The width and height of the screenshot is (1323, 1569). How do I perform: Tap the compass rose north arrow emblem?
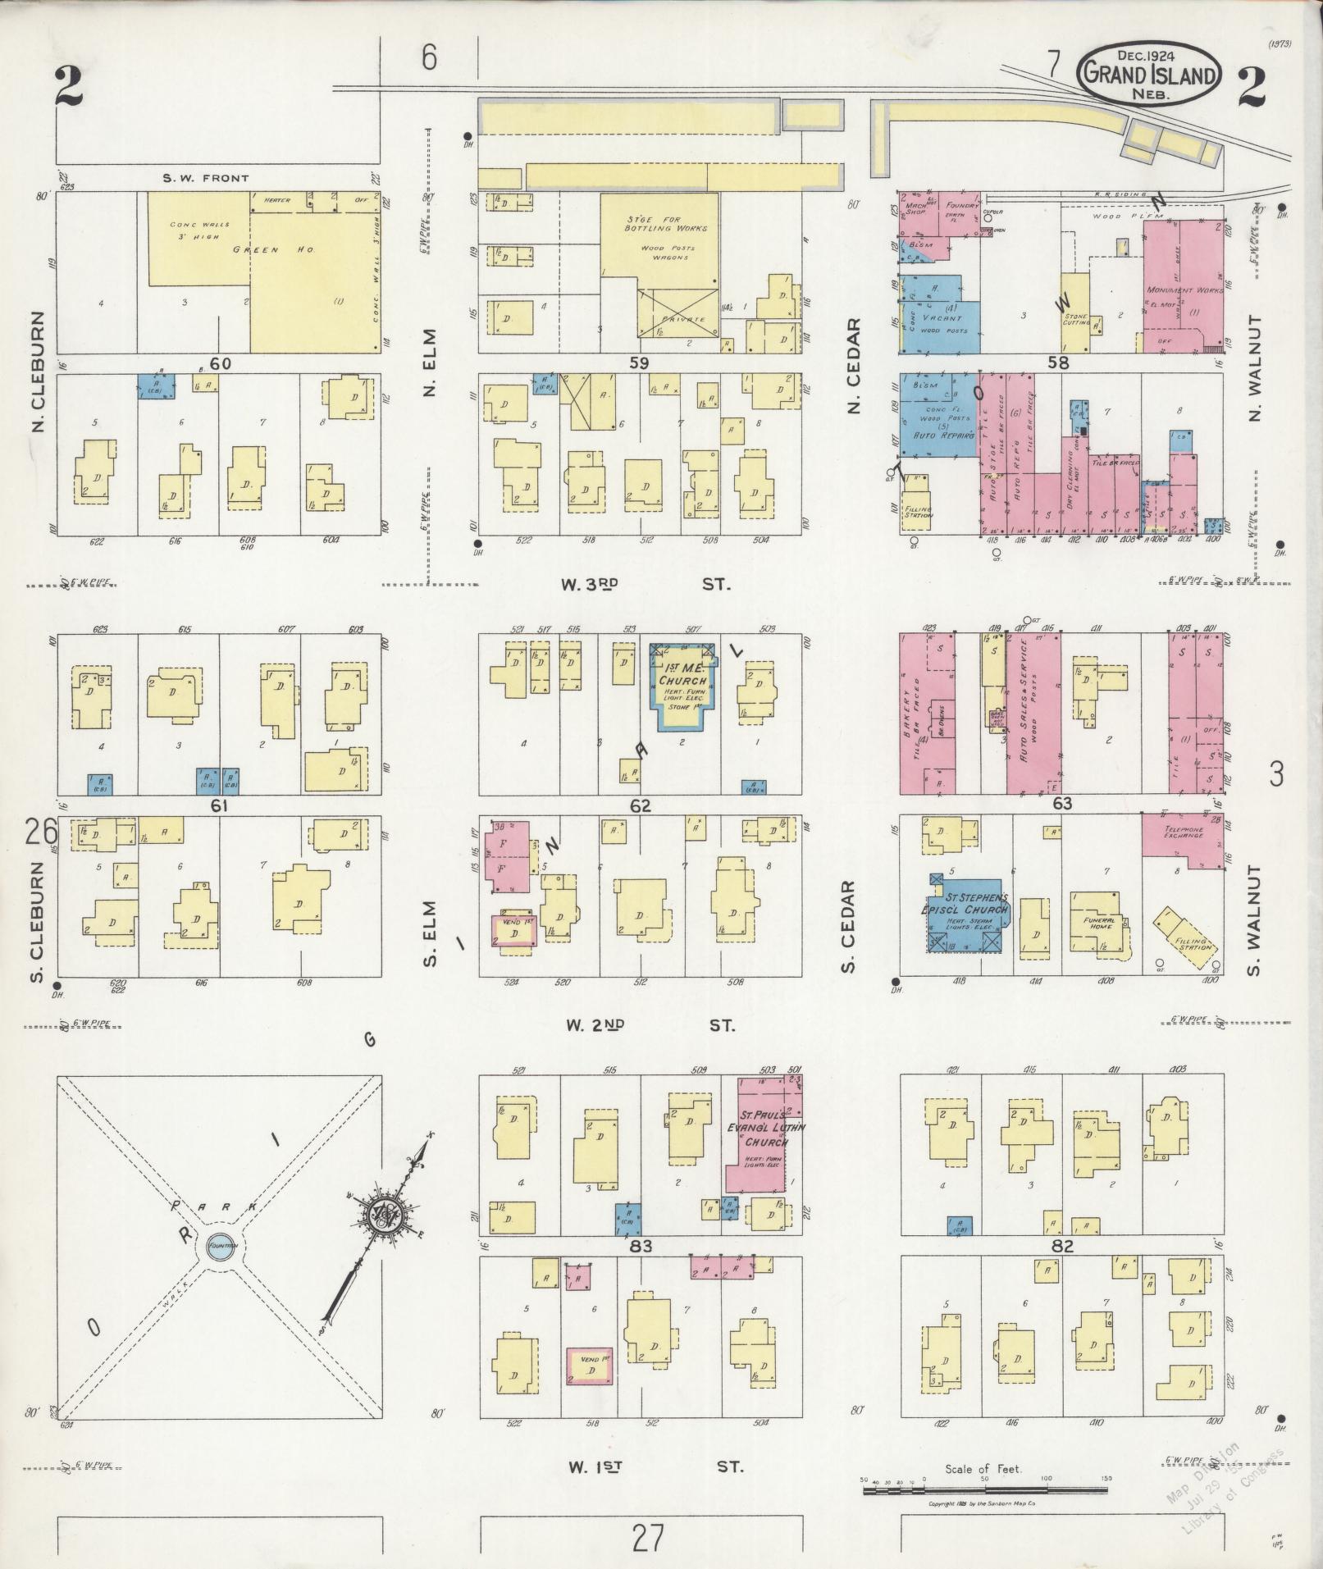coord(383,1215)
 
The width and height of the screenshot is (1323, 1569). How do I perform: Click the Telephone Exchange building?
coord(1182,839)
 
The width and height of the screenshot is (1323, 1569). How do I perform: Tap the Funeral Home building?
coord(1097,921)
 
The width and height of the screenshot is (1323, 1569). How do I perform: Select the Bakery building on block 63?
coord(928,713)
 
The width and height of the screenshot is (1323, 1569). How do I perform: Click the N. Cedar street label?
coord(853,365)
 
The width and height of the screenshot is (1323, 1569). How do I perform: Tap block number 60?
coord(219,363)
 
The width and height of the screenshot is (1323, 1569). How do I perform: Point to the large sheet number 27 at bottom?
coord(647,1539)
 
